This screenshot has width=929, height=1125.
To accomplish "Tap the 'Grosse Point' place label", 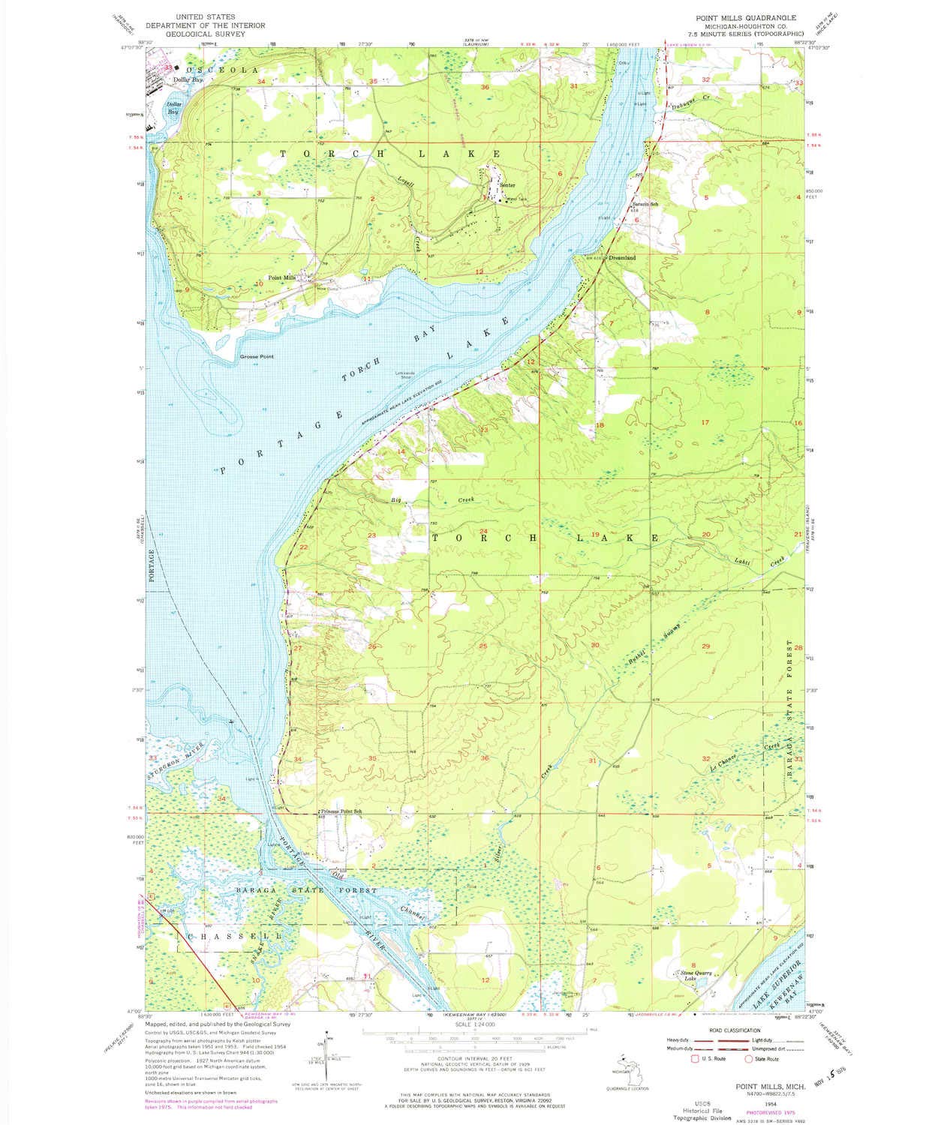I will (x=257, y=356).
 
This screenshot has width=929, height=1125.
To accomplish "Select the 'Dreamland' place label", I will (x=622, y=257).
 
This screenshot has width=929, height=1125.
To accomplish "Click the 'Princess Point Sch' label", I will (x=341, y=811).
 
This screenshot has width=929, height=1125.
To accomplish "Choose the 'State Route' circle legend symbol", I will (x=748, y=1059).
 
